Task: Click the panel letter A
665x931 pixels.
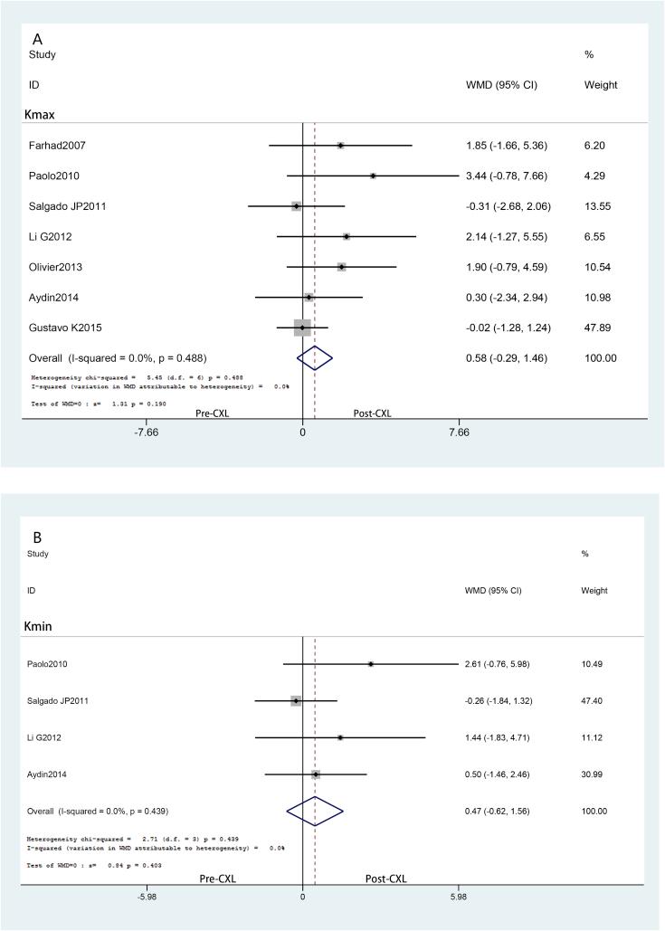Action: click(x=38, y=40)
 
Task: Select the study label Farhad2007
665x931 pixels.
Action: click(x=56, y=146)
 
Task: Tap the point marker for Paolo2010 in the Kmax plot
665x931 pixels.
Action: click(x=373, y=176)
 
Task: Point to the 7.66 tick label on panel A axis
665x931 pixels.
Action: click(x=459, y=432)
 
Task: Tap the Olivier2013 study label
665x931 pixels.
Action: click(x=56, y=267)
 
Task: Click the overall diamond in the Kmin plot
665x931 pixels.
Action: click(x=314, y=811)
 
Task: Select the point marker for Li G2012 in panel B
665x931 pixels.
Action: click(x=340, y=737)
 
